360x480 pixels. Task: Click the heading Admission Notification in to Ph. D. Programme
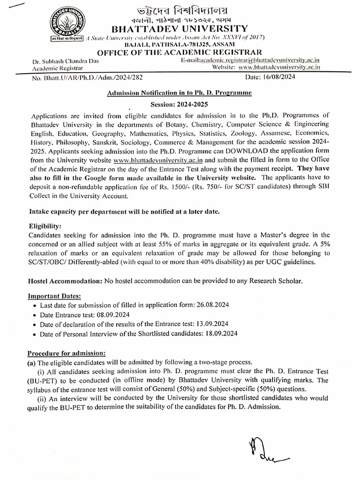[180, 93]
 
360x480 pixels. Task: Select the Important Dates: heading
[54, 296]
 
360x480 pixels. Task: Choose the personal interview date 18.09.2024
[221, 333]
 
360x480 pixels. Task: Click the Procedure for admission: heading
[66, 352]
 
